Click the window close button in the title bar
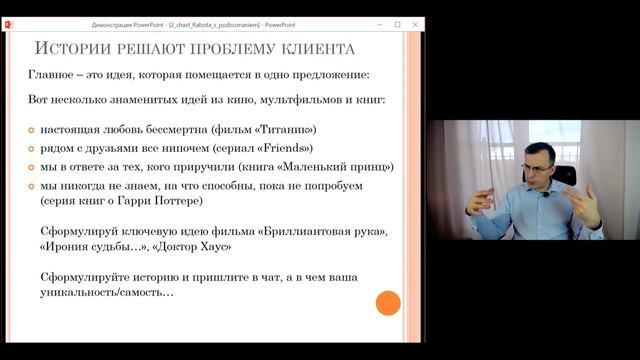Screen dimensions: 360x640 [415, 23]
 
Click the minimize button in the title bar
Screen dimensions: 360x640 [378, 23]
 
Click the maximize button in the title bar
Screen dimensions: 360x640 [397, 23]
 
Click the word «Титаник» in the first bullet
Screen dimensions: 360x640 [284, 129]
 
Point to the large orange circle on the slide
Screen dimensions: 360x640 [388, 303]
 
